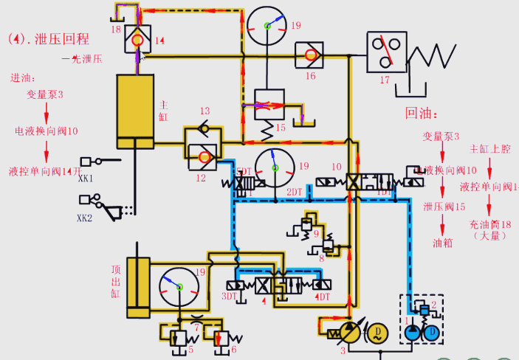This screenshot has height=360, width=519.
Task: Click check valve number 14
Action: pyautogui.click(x=137, y=41)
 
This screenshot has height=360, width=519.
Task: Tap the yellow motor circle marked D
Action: pyautogui.click(x=377, y=333)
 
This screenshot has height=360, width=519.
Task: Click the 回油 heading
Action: pyautogui.click(x=422, y=114)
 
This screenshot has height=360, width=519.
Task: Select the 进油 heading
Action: pyautogui.click(x=21, y=78)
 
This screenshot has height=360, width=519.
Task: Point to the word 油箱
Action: pyautogui.click(x=444, y=241)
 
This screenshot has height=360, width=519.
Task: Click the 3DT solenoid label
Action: pyautogui.click(x=230, y=297)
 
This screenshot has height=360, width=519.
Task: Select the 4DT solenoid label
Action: pyautogui.click(x=322, y=297)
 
